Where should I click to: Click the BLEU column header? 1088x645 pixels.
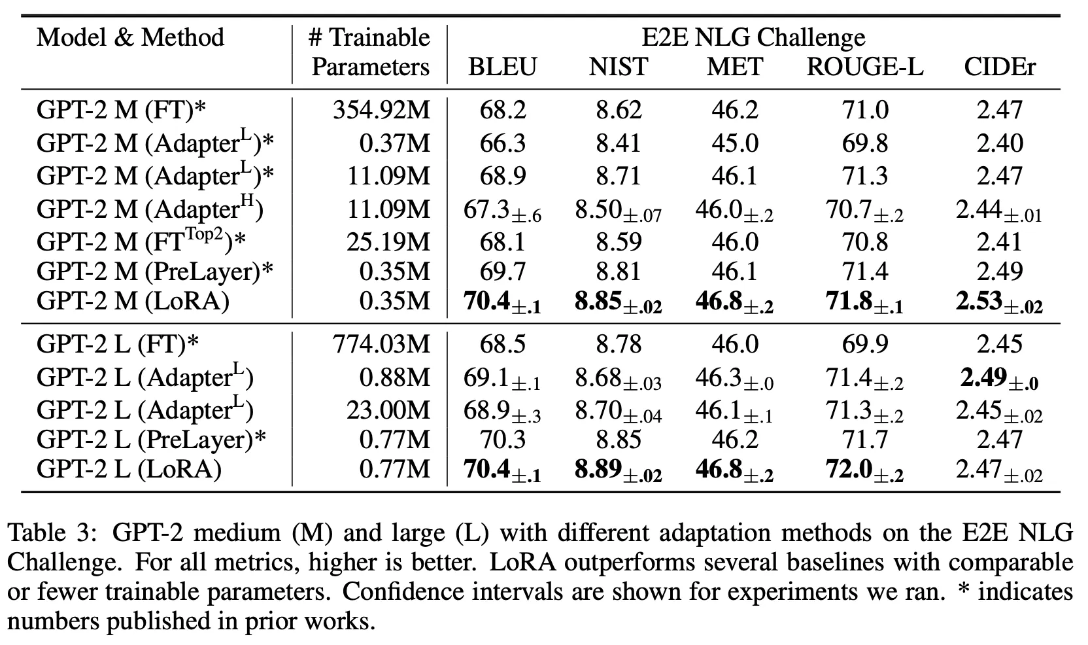502,67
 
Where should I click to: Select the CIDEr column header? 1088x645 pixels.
1000,67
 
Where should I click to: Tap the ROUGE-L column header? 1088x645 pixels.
864,67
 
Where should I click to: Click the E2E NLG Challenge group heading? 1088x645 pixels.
753,37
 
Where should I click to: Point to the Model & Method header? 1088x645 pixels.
130,37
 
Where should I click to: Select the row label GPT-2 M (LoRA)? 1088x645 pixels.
133,301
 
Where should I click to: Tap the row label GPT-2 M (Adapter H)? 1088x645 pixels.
150,209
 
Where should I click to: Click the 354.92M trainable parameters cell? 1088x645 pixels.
382,110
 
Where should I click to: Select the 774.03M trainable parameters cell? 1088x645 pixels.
382,344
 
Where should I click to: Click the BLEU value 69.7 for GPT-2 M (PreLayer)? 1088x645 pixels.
502,271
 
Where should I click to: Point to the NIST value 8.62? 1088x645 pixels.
619,110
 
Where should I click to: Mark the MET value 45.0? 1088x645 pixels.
735,143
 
